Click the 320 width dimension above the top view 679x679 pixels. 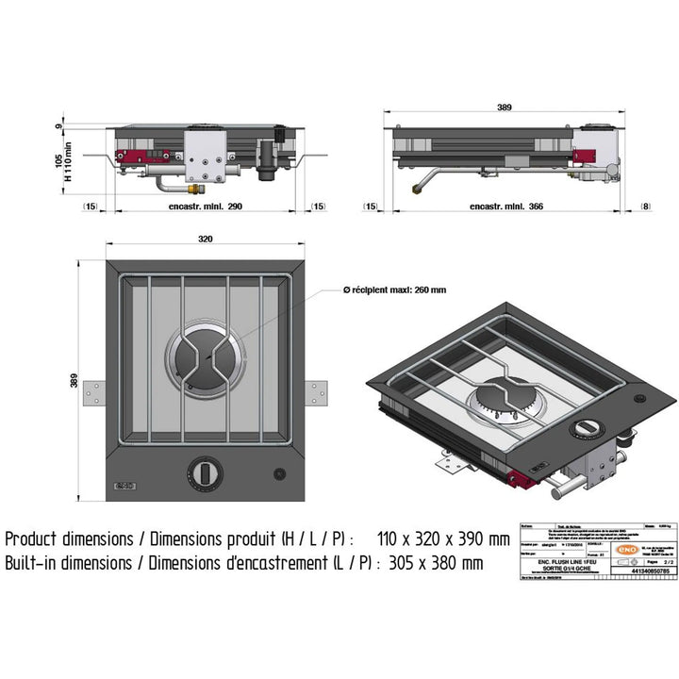(x=206, y=240)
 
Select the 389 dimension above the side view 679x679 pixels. (x=505, y=108)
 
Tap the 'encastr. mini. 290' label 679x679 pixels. (x=206, y=206)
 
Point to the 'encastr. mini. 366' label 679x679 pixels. (x=506, y=206)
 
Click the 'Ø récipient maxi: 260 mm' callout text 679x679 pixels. (x=397, y=290)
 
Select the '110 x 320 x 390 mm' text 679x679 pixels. (x=441, y=539)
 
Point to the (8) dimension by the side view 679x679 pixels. (x=644, y=206)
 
